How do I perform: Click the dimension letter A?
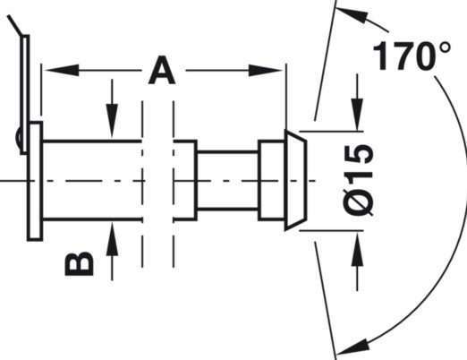162,71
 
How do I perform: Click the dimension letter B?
79,264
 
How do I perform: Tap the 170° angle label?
412,56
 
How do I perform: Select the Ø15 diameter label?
358,180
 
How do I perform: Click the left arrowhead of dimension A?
62,71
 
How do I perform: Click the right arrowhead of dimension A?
266,71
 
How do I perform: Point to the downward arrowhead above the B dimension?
112,121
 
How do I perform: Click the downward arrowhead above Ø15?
357,115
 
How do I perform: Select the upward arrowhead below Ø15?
357,248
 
